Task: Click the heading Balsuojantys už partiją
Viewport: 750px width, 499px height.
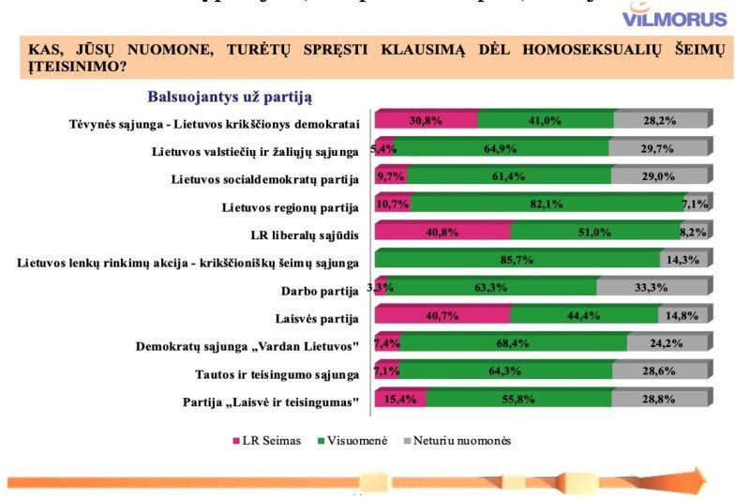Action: [x=229, y=96]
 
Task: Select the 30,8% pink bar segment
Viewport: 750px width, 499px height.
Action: [x=426, y=120]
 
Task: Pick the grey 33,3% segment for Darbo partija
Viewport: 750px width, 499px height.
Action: [x=652, y=288]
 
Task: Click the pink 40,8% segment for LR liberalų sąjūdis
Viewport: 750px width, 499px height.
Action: [x=442, y=232]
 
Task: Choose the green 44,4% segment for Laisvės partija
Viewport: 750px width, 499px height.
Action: [x=585, y=316]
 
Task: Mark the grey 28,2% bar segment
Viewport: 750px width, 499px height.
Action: [x=660, y=120]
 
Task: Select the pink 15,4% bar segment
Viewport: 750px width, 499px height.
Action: [x=400, y=401]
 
